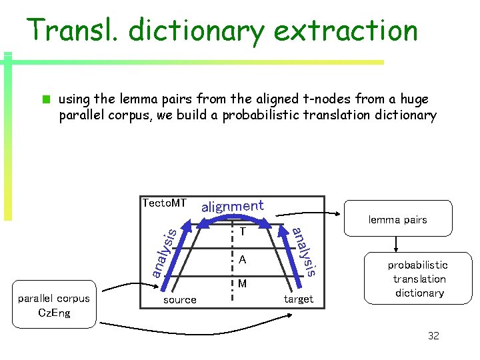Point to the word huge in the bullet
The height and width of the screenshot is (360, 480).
tap(415, 99)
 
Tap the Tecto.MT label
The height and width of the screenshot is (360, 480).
tap(164, 203)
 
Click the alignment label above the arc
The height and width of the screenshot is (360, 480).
tap(232, 206)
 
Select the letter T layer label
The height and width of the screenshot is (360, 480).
tap(243, 232)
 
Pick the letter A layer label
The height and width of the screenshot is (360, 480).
tap(243, 259)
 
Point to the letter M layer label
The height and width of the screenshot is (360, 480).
tap(243, 284)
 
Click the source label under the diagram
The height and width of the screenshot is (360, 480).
tap(180, 300)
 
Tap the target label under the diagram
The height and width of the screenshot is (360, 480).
tap(298, 299)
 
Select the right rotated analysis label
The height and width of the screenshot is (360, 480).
tap(305, 251)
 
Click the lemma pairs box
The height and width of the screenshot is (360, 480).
tap(397, 219)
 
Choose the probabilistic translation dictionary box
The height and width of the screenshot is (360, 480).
tap(419, 279)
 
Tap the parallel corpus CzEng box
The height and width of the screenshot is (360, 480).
tap(54, 306)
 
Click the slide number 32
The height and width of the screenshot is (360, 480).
tap(433, 335)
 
